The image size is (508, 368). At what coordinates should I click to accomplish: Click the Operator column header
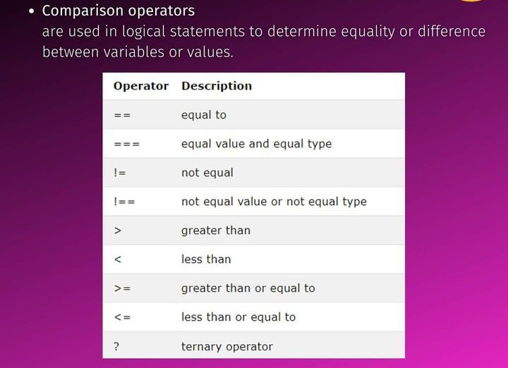coord(141,86)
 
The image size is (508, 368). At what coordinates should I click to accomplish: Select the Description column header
coord(217,86)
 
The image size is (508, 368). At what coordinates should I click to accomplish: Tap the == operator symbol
coord(122,115)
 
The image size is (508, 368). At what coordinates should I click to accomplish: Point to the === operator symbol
coord(126,144)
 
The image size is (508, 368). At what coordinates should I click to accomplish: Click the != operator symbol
coord(120,173)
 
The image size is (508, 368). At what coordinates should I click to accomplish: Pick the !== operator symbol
coord(124,202)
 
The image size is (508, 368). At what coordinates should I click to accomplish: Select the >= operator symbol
coord(122,288)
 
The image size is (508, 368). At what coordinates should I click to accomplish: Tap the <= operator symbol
coord(122,317)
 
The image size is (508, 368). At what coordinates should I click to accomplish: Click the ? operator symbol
coord(116,346)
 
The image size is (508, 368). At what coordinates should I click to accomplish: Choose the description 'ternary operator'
coord(226,346)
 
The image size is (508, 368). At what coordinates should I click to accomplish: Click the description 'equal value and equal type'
coord(256,144)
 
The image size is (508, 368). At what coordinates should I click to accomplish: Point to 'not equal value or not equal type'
coord(274,202)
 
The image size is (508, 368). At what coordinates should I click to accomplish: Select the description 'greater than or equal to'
coord(248,288)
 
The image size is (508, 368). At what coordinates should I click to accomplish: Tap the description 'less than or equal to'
coord(238,317)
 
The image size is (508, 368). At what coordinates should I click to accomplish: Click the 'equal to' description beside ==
coord(203,115)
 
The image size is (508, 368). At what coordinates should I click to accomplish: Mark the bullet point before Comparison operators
coord(31,12)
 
